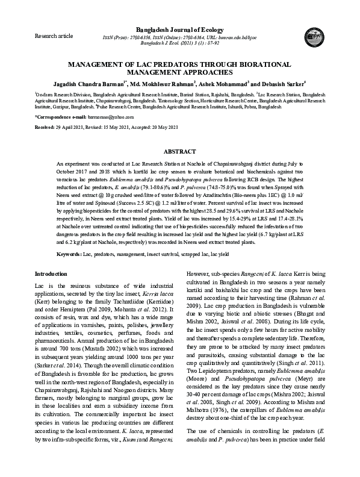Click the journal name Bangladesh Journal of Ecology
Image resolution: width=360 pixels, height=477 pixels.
tap(180, 30)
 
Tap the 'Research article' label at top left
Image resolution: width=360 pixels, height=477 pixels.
tap(54, 36)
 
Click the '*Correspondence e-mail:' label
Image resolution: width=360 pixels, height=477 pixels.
tap(61, 116)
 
